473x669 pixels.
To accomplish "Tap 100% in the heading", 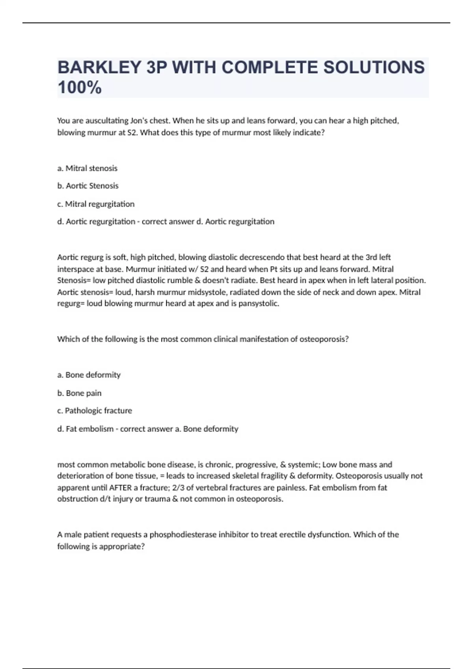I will [x=80, y=87].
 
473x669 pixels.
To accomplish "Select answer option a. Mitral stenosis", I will [x=87, y=168].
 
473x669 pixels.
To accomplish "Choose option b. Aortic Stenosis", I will [x=88, y=186].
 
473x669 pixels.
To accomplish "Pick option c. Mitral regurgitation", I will [x=96, y=204].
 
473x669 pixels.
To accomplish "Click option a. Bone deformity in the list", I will [x=89, y=375].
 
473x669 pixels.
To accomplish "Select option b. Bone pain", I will [x=79, y=393].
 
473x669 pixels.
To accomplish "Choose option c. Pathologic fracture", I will [x=95, y=410].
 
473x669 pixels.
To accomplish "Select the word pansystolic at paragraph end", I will [x=259, y=303].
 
